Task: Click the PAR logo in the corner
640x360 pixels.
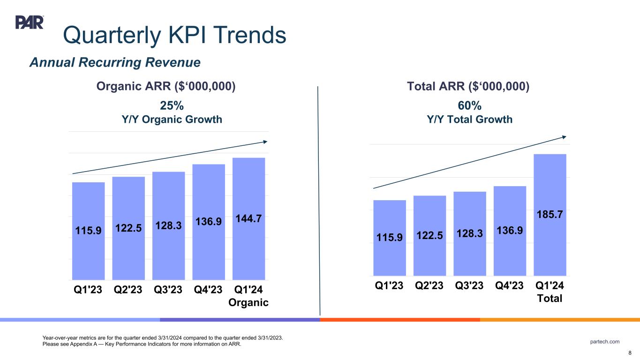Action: tap(30, 22)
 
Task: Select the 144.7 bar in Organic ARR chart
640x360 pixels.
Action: tap(249, 218)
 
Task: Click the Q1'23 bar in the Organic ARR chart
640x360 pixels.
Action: tap(89, 231)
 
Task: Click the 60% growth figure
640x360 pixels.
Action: tap(469, 105)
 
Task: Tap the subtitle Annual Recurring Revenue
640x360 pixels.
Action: tap(115, 62)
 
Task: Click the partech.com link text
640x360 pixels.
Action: tap(605, 342)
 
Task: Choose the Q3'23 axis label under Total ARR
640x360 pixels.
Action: tap(470, 285)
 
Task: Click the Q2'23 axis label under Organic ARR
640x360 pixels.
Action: tap(128, 289)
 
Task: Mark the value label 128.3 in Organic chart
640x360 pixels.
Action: tap(169, 225)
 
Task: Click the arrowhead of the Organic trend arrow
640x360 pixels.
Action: tap(265, 142)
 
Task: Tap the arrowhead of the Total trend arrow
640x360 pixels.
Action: tap(564, 136)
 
